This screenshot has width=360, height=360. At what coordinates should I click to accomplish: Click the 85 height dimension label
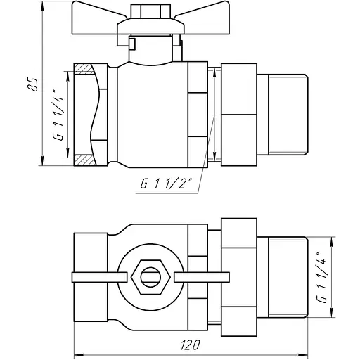point(33,84)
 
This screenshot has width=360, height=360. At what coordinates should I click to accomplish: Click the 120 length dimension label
point(191,345)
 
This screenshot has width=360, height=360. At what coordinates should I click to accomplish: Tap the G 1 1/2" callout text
point(166,184)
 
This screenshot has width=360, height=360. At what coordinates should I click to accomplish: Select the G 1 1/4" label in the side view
point(58,115)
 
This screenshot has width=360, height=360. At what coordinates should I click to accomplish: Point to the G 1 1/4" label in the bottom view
point(321,277)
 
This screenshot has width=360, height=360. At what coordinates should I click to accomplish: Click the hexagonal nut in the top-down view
point(150,277)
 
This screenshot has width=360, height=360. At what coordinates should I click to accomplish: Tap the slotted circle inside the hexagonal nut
point(150,277)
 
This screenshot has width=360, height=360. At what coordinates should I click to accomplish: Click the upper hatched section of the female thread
point(84,69)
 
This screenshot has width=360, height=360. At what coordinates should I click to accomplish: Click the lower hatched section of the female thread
point(85,160)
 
